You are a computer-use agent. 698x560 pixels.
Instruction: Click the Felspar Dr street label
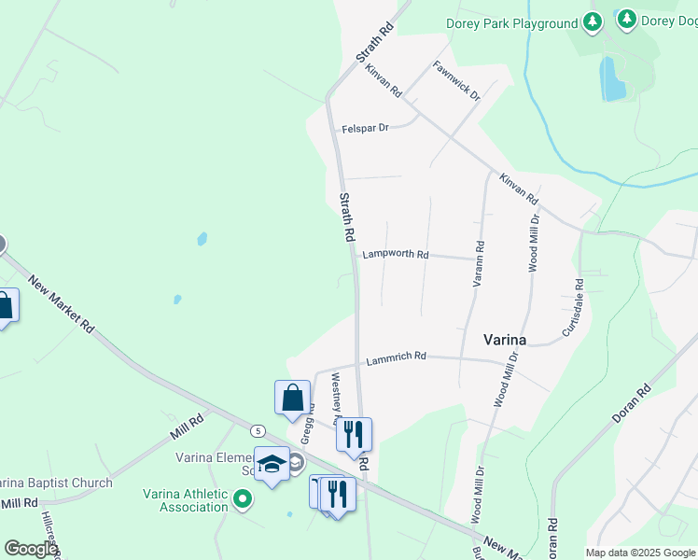click(x=365, y=128)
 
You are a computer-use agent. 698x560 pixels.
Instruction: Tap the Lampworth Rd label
click(x=396, y=254)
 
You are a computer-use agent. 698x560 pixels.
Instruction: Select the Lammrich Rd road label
click(x=396, y=357)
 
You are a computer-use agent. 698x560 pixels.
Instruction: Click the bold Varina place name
click(x=504, y=340)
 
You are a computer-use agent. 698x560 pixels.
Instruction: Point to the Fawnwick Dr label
click(x=456, y=81)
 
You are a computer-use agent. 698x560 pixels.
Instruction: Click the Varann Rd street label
click(x=479, y=263)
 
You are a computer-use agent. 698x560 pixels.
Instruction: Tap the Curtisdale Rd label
click(x=572, y=308)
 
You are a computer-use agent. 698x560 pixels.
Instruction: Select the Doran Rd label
click(x=631, y=405)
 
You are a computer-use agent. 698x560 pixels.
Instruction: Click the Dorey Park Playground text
click(x=511, y=23)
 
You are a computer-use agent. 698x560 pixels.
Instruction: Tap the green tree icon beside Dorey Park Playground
click(x=591, y=21)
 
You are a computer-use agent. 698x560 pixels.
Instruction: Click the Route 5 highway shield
click(x=258, y=430)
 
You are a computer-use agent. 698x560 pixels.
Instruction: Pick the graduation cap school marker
click(x=272, y=464)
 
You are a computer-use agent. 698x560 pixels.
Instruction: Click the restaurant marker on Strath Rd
click(x=354, y=434)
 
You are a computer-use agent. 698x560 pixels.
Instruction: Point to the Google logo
click(x=30, y=549)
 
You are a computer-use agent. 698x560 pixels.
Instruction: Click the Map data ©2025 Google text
click(x=640, y=553)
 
